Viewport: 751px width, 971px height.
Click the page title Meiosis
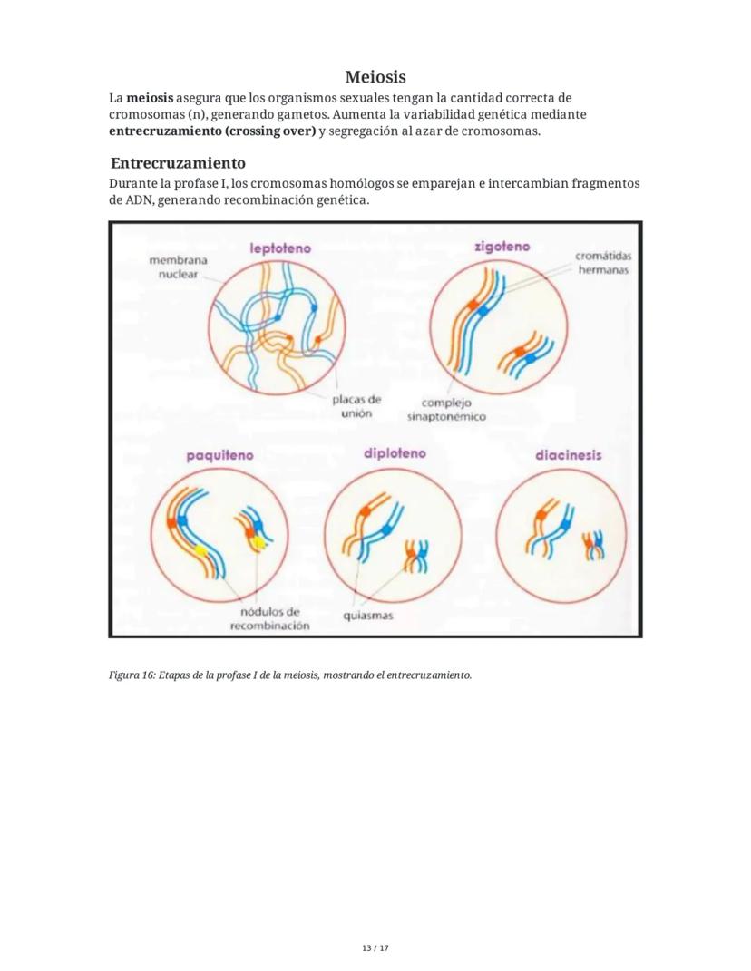375,77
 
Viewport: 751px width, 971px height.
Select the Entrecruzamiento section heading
178,163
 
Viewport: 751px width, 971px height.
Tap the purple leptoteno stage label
280,247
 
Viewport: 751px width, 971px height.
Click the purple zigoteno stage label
502,246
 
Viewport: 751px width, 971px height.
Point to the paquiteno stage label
219,456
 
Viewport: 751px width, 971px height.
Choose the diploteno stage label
394,452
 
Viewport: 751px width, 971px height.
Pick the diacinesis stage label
568,455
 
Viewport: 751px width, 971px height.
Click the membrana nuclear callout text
178,267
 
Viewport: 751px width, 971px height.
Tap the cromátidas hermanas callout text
602,263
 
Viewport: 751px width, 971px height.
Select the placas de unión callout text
356,405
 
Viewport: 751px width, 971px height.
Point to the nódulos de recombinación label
269,618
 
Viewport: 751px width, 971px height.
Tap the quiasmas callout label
367,616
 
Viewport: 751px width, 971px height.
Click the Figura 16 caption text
290,675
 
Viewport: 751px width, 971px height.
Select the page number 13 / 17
375,948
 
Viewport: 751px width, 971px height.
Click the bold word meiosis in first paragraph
150,98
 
